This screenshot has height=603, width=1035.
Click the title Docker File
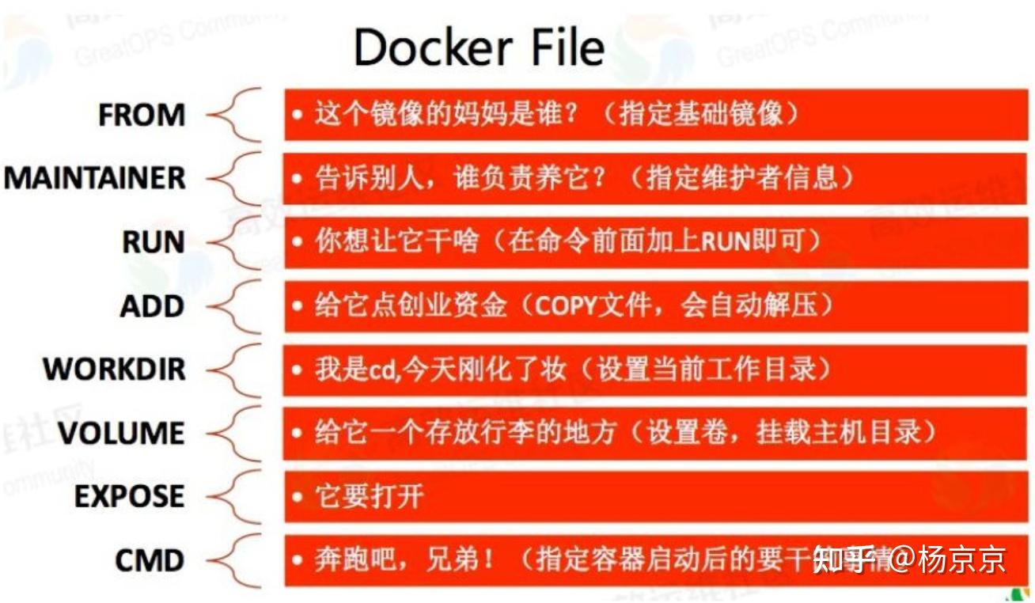click(479, 47)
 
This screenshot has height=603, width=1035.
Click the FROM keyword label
click(142, 116)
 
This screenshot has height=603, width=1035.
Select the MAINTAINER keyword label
click(95, 179)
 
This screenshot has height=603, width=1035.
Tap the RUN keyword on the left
click(154, 242)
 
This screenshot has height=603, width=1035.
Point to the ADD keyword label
click(152, 306)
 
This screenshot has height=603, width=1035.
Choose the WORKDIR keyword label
click(114, 370)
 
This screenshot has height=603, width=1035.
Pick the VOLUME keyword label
click(120, 433)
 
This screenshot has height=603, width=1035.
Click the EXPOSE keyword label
click(129, 497)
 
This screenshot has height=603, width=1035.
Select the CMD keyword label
click(150, 561)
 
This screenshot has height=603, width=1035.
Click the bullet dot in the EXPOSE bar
click(297, 498)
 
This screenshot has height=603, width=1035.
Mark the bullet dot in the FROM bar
click(297, 116)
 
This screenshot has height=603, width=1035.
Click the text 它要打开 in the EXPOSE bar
click(369, 497)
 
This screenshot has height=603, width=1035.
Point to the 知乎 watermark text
click(844, 560)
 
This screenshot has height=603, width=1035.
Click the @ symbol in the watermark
click(901, 560)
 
